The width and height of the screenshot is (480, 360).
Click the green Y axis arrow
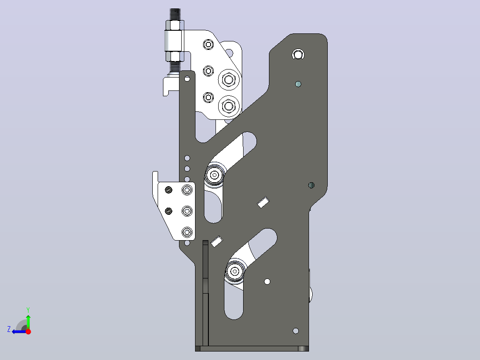click(28, 321)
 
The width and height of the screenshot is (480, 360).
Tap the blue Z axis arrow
click(19, 331)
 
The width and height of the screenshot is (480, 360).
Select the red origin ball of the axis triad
click(28, 331)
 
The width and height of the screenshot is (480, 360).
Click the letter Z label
click(9, 329)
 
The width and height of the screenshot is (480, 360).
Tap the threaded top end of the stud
click(175, 14)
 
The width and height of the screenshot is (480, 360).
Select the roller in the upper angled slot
click(215, 175)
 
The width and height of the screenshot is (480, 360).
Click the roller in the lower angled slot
click(235, 271)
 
